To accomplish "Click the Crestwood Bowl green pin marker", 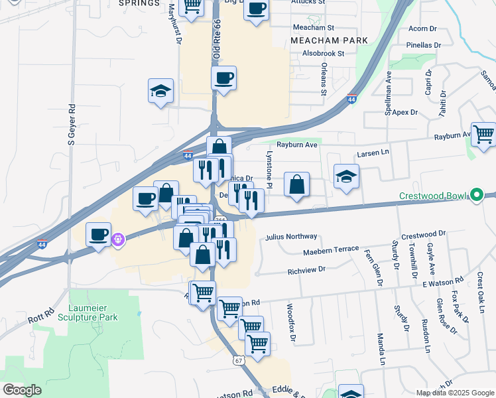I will [x=475, y=196].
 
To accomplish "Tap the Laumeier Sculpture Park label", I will [x=93, y=312].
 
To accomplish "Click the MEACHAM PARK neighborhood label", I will [x=329, y=40].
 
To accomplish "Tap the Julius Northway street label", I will [x=291, y=236].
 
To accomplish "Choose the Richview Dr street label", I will [x=307, y=270].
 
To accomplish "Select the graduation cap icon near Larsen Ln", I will [x=346, y=177].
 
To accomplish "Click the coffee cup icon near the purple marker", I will [x=98, y=234].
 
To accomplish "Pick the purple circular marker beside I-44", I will [x=118, y=239].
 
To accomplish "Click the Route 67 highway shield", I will [x=238, y=359].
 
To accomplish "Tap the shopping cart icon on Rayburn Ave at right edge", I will [x=483, y=135].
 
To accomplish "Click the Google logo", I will [x=22, y=390].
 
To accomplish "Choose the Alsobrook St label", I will [x=323, y=53].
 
